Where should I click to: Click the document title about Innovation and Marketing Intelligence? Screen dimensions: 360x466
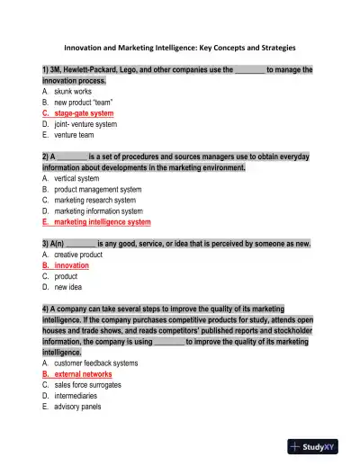pyautogui.click(x=179, y=47)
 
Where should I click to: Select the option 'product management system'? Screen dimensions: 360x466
pyautogui.click(x=97, y=189)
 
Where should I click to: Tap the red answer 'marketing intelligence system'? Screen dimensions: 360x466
pyautogui.click(x=102, y=221)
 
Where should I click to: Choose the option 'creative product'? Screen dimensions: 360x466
pyautogui.click(x=78, y=255)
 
